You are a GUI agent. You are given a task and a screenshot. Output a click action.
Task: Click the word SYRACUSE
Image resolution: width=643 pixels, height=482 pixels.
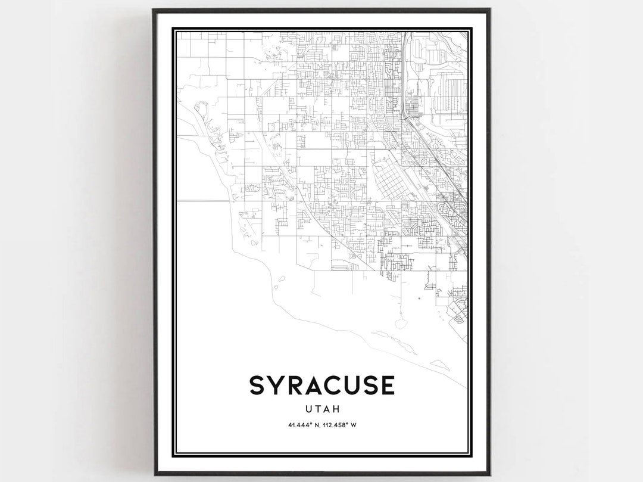tap(321, 385)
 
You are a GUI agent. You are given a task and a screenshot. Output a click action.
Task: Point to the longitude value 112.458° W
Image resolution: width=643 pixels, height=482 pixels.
tap(340, 425)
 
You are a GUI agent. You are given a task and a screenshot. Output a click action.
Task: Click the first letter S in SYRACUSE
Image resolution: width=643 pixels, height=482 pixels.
tap(257, 385)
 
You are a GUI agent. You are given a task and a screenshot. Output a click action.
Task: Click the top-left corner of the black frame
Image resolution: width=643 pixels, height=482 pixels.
tap(154, 10)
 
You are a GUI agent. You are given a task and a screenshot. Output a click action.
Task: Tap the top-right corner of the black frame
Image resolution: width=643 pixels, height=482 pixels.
tap(489, 10)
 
